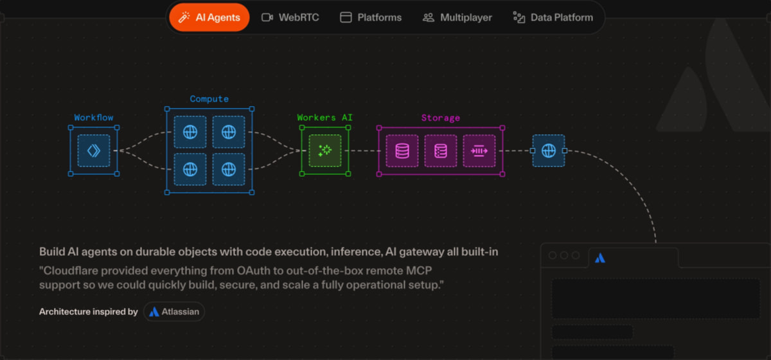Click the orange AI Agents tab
click(x=209, y=17)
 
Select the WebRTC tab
click(x=290, y=17)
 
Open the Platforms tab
click(x=371, y=17)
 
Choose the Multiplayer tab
click(x=457, y=17)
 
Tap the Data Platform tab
click(x=553, y=17)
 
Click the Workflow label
click(x=94, y=118)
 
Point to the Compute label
click(x=209, y=99)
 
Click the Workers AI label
click(x=324, y=118)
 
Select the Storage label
click(x=441, y=118)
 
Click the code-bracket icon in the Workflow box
click(x=94, y=150)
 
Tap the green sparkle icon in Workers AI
click(x=325, y=150)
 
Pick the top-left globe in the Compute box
click(x=190, y=132)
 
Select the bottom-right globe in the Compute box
click(x=229, y=170)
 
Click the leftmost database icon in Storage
click(x=402, y=151)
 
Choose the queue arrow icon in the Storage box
click(x=479, y=151)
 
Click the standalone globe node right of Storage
click(x=549, y=150)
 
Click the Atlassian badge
click(x=174, y=312)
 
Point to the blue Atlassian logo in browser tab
click(x=600, y=258)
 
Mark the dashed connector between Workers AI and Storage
click(x=363, y=150)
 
